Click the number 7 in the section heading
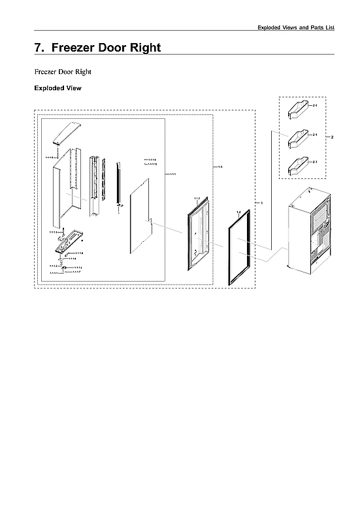[x=38, y=48]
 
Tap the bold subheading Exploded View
[x=57, y=88]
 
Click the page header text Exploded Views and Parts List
[x=295, y=27]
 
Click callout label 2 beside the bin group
[x=333, y=137]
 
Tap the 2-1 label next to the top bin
[x=315, y=105]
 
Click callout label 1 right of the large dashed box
[x=262, y=203]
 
